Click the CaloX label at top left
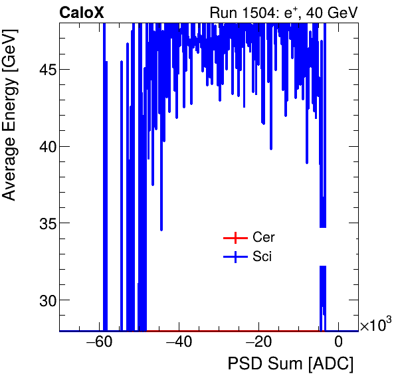81,12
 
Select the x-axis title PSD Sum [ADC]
290,364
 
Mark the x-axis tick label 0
338,343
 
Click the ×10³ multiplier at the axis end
375,325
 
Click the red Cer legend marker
235,238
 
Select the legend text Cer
262,238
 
